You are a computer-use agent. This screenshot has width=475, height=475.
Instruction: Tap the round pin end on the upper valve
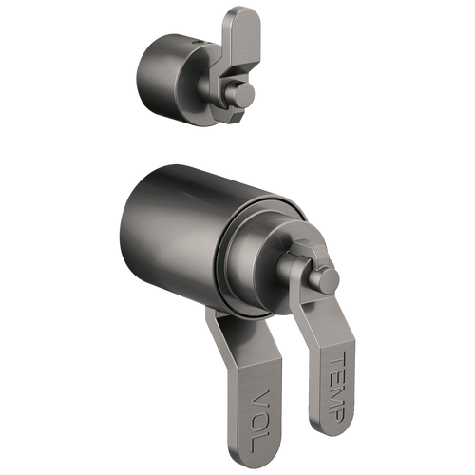(x=245, y=94)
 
